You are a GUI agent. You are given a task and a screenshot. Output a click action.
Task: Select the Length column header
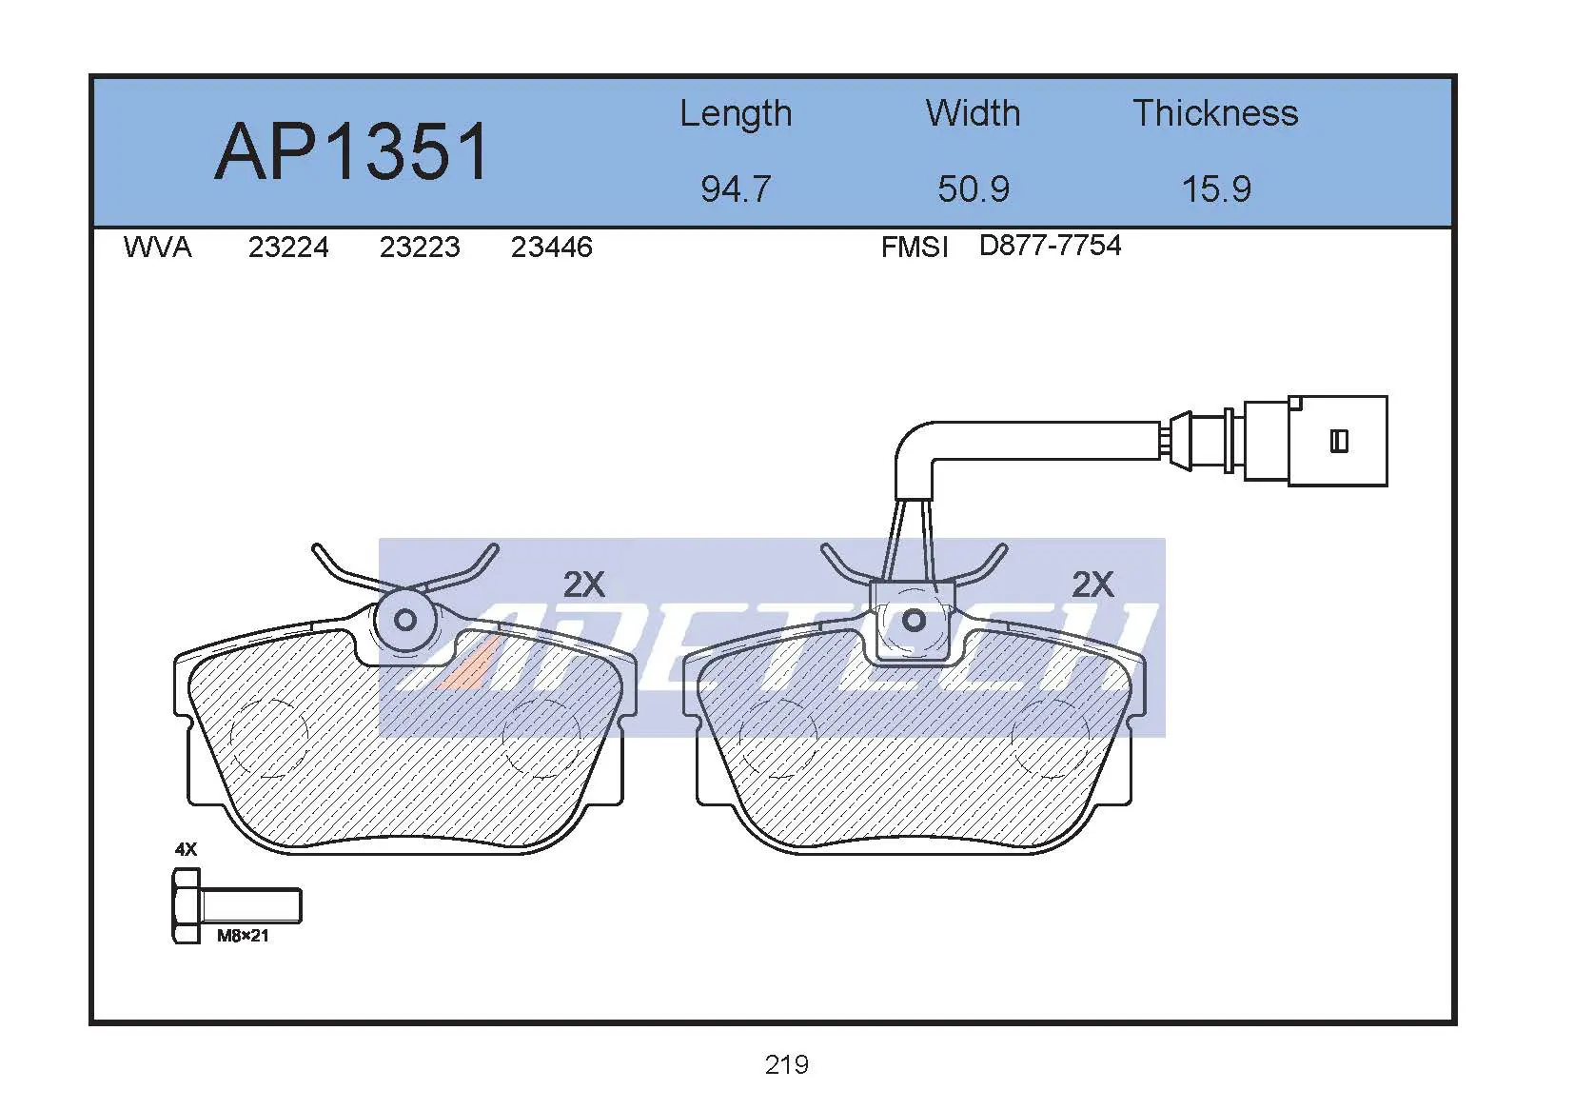[736, 114]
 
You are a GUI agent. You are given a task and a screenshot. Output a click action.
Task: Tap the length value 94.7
[736, 189]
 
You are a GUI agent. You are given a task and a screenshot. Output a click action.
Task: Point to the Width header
[974, 113]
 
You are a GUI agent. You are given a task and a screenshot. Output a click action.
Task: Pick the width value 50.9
[974, 189]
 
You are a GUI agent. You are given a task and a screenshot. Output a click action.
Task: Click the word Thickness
[1215, 113]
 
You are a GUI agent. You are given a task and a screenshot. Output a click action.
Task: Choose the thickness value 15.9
[1216, 189]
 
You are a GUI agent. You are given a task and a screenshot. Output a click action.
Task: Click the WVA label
[157, 248]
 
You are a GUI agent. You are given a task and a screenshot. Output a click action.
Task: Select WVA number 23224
[288, 248]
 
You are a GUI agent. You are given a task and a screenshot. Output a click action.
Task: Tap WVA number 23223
[420, 248]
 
